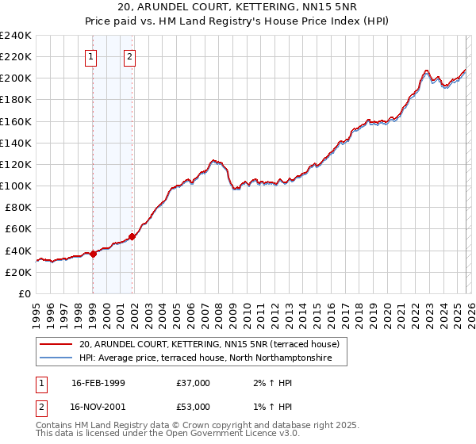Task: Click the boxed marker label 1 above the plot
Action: coord(92,56)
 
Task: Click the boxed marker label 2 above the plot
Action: coord(129,56)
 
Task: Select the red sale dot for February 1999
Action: coord(93,254)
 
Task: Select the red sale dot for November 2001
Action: coord(132,235)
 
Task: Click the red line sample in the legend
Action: coord(56,344)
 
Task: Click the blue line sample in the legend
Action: coord(56,358)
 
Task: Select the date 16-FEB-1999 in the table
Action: coord(99,383)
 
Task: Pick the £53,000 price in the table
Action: coord(194,407)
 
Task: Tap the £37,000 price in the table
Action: coord(194,383)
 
